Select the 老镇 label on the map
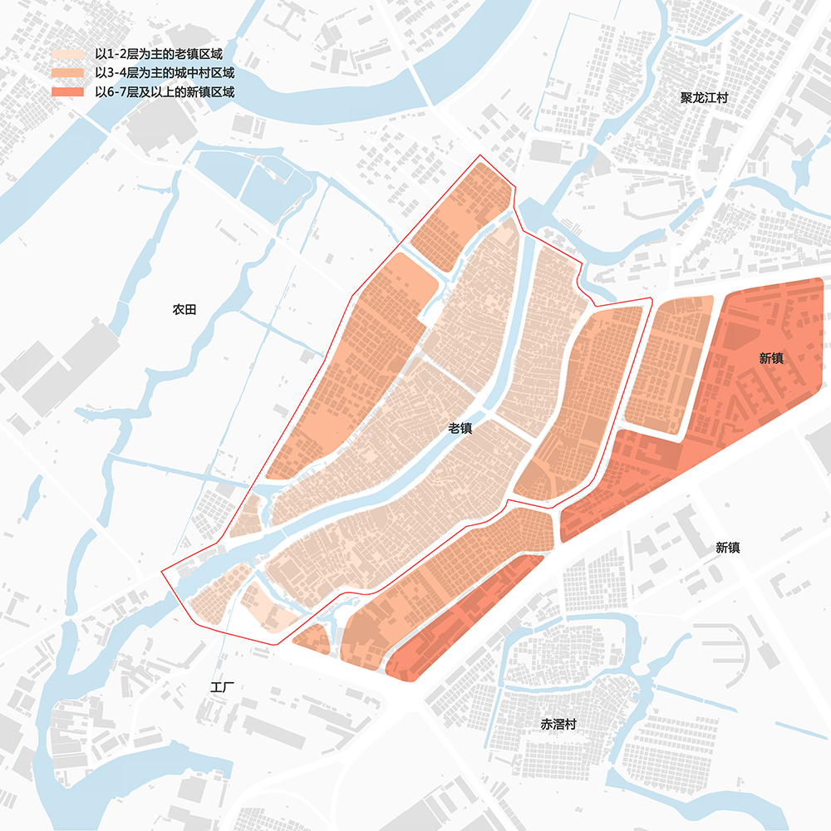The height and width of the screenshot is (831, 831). (460, 429)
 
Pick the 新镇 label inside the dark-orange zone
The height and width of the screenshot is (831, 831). (771, 359)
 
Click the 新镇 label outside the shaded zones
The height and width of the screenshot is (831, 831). (728, 548)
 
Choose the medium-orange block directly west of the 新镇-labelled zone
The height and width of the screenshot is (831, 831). (665, 366)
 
